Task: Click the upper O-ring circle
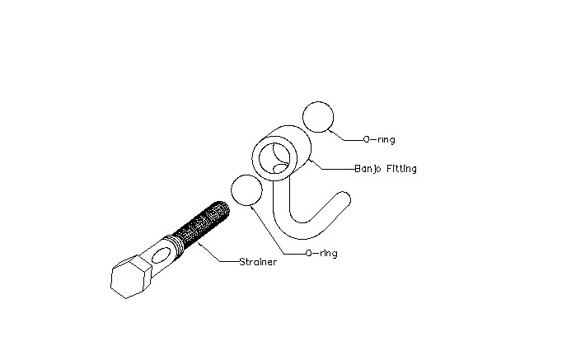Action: pos(318,101)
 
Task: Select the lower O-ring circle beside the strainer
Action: pos(246,175)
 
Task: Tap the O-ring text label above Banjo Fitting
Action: pos(379,139)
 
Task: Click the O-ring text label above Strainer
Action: pos(321,253)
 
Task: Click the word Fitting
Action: pos(401,169)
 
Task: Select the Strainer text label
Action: pos(258,262)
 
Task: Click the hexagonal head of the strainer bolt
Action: pos(131,277)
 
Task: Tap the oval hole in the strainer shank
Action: pos(162,255)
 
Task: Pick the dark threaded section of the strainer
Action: pos(203,224)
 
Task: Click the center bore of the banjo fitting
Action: pos(274,158)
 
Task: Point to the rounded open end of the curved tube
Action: pos(344,198)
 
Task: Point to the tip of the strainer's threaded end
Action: pos(226,208)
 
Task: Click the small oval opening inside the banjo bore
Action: pos(280,168)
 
